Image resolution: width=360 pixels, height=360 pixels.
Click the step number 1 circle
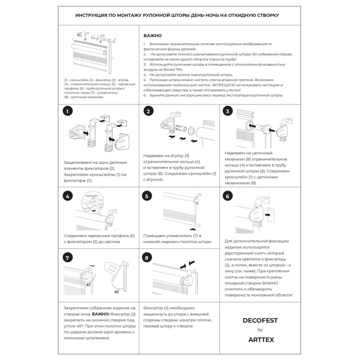tap(67, 111)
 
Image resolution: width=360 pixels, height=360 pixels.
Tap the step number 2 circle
tap(148, 111)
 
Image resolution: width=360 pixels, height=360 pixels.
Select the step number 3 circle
tap(228, 111)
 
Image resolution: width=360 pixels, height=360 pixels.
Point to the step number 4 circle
tap(67, 196)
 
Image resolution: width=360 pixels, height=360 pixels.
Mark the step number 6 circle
tap(228, 196)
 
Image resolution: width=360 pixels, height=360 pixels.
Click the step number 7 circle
tap(67, 257)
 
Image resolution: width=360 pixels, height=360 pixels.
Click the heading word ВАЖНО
tap(153, 35)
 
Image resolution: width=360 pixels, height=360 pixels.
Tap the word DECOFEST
tap(260, 320)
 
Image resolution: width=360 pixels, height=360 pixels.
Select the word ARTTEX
tap(260, 340)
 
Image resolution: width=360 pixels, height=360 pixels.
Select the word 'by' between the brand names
tap(260, 330)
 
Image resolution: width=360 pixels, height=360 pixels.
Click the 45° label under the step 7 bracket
tap(117, 292)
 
